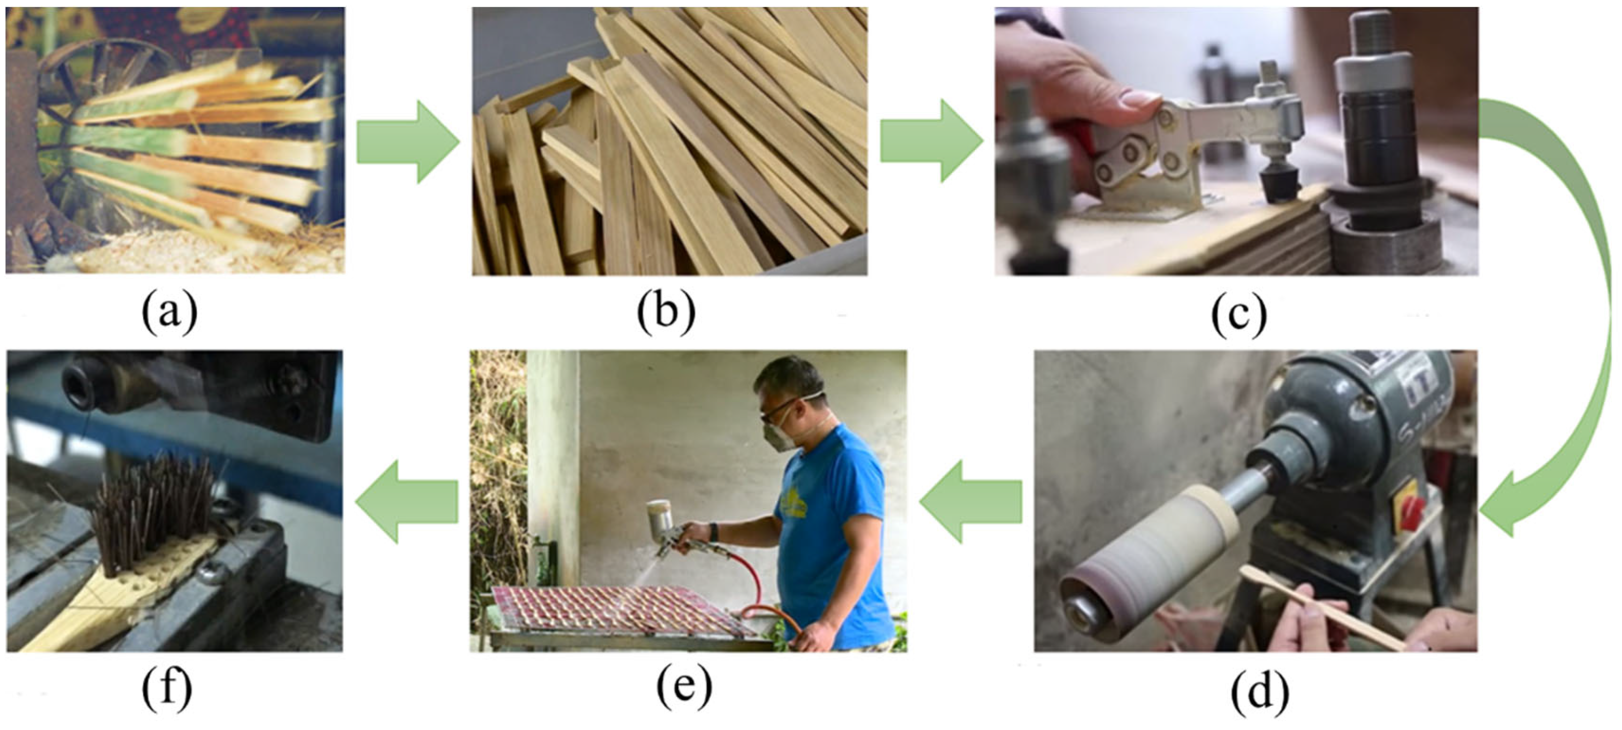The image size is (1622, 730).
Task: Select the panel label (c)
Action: coord(1239,315)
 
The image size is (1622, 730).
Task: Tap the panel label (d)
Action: coord(1259,692)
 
